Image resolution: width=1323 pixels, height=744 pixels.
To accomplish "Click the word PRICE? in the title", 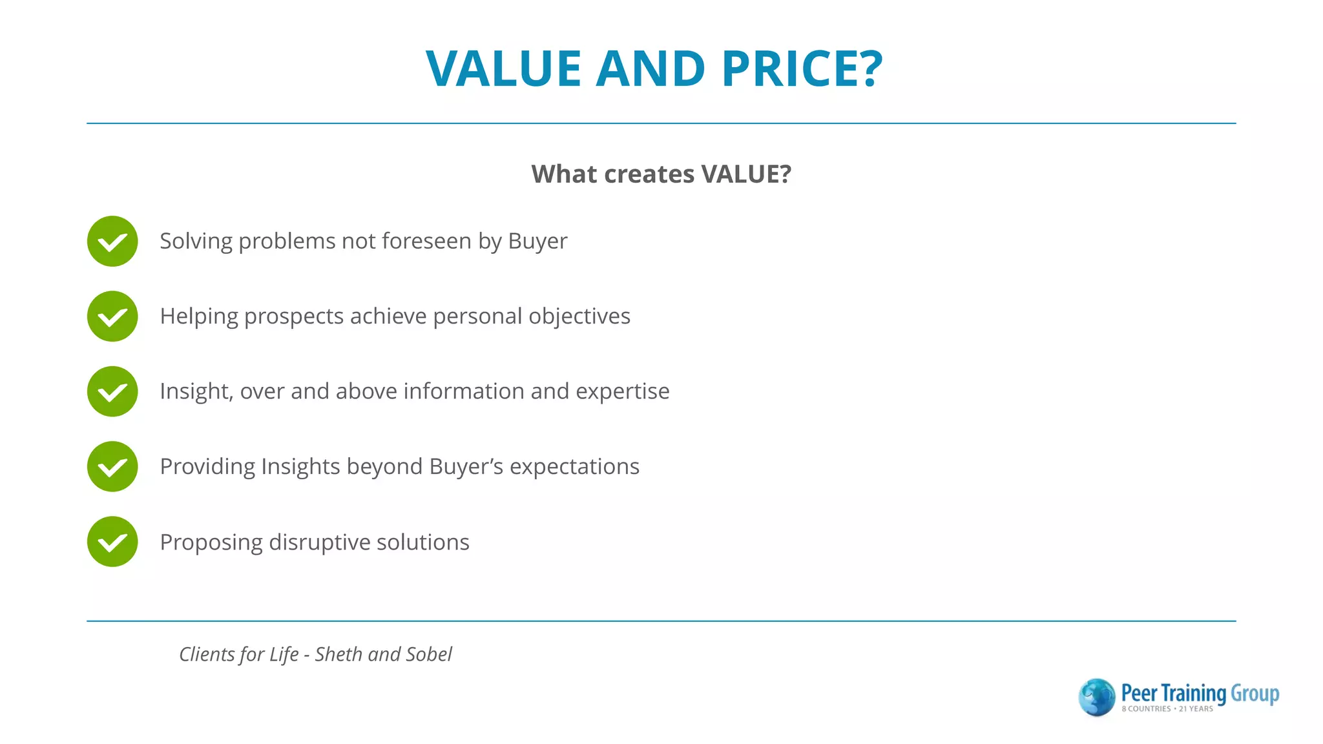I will [x=802, y=68].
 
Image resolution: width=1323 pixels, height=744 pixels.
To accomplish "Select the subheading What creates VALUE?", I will [x=661, y=174].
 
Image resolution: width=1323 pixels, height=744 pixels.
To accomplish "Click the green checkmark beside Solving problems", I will [x=112, y=242].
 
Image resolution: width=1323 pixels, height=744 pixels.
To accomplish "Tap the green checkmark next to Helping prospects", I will [x=112, y=316].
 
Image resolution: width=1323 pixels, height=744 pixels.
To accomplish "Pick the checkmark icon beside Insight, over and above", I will [x=112, y=392].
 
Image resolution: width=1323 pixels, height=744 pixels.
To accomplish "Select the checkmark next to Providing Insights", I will [x=112, y=467].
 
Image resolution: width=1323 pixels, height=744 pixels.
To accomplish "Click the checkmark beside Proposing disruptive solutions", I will [x=112, y=542].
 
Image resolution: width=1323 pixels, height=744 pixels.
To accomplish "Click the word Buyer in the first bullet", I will [x=537, y=241].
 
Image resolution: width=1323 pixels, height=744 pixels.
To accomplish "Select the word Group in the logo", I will [x=1255, y=694].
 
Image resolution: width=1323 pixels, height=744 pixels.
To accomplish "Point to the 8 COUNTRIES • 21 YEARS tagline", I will [x=1167, y=709].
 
